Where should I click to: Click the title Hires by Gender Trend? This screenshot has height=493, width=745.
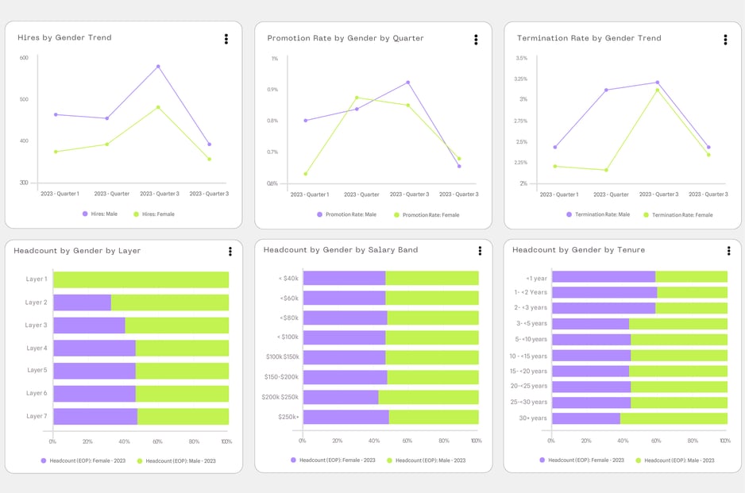[64, 37]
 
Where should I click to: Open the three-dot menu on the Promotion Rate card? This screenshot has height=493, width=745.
[476, 40]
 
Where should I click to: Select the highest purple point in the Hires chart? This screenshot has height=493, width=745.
[158, 67]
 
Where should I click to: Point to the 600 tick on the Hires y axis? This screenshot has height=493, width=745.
[24, 58]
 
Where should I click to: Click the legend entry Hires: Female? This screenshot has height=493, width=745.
[154, 214]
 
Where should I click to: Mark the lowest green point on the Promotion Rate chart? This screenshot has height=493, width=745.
[306, 174]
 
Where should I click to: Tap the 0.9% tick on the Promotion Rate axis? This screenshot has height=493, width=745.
[273, 90]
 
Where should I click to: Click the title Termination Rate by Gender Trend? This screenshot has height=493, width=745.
[589, 38]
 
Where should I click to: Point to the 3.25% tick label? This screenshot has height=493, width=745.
[521, 79]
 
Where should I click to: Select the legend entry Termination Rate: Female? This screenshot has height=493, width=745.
[681, 214]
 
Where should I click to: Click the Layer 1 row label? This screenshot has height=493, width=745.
[37, 279]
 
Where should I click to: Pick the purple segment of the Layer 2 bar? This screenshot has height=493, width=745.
[82, 302]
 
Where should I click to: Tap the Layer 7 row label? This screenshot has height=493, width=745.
[37, 416]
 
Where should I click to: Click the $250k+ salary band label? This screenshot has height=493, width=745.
[288, 417]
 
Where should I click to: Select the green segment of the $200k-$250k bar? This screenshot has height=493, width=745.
[429, 397]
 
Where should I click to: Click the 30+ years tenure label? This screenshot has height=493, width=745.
[532, 418]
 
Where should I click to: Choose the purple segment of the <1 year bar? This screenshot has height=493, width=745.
[604, 277]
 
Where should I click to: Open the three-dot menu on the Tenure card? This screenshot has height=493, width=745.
[728, 251]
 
